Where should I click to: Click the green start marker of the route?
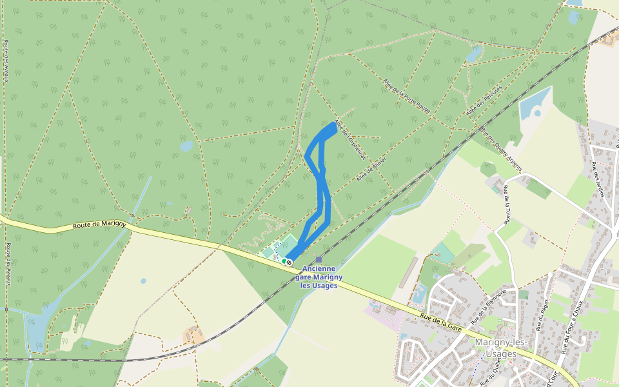[284, 261]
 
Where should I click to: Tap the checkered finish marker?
[290, 263]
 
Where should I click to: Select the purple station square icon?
[319, 259]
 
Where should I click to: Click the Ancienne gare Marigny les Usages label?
[319, 277]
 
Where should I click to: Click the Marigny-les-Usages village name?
[500, 348]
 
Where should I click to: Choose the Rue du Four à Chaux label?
[573, 326]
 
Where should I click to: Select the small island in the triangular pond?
[537, 114]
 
